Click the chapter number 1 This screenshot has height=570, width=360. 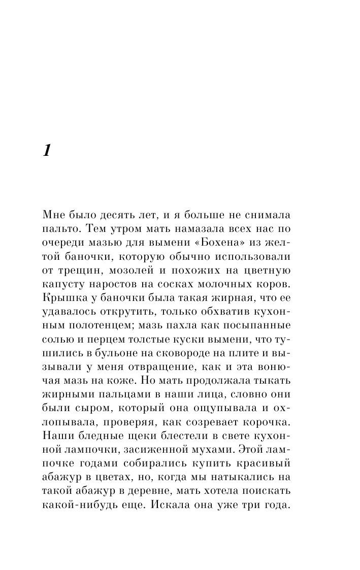click(x=47, y=151)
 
